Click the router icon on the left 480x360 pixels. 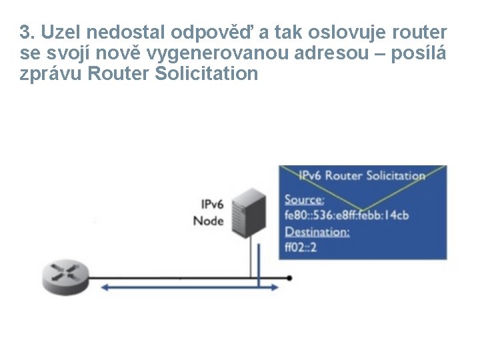tap(65, 275)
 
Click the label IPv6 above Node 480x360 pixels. tap(211, 203)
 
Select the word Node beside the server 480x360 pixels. tap(208, 221)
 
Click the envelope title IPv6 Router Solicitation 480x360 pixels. tap(362, 176)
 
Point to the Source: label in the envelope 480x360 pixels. tap(305, 199)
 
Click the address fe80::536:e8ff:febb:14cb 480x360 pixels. tap(346, 215)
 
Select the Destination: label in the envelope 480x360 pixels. tap(317, 231)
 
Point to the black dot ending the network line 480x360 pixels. tap(289, 277)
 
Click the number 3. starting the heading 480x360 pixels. tap(27, 32)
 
